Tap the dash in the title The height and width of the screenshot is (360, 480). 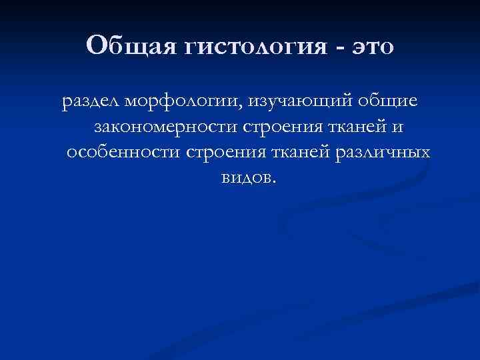point(341,48)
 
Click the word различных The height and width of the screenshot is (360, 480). point(382,153)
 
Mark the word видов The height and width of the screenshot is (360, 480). point(243,177)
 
